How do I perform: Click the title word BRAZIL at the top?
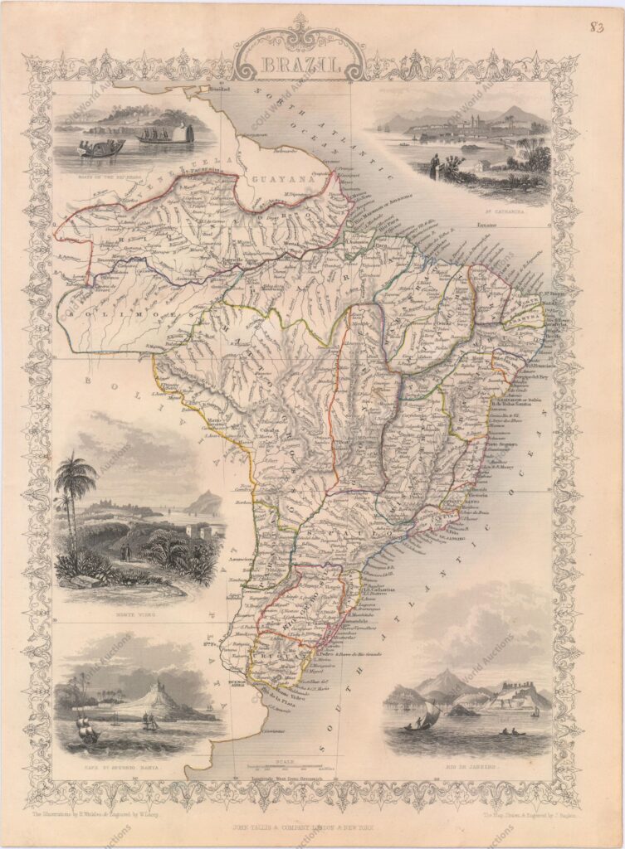click(x=299, y=65)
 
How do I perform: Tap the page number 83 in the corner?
click(x=596, y=28)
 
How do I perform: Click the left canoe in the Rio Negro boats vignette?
click(x=101, y=147)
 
